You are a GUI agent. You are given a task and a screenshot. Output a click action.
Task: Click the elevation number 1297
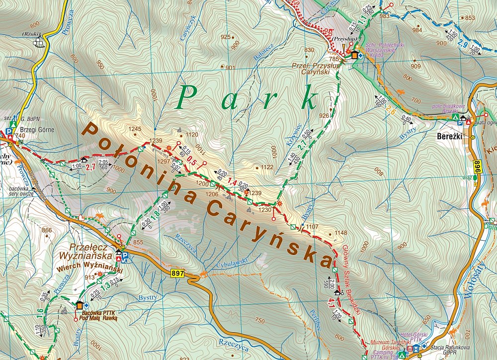click(164, 162)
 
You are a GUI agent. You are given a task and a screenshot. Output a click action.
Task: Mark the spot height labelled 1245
click(135, 129)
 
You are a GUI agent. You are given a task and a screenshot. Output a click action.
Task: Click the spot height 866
click(47, 230)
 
